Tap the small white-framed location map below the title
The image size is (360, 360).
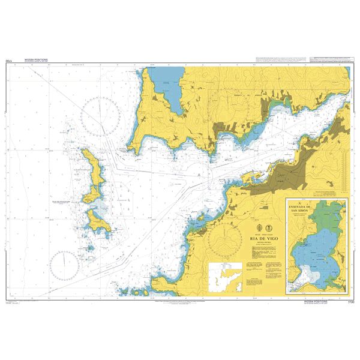tap(224, 277)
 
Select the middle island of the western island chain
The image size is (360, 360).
tap(94, 194)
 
